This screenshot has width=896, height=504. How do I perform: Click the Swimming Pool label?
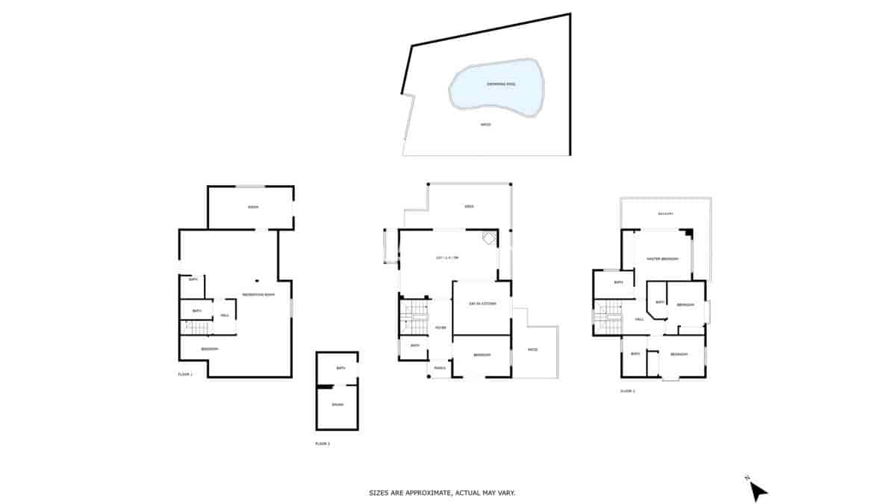pos(497,84)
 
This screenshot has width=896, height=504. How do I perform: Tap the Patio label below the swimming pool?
pos(485,124)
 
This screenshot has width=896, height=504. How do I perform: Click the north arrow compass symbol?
pos(758,490)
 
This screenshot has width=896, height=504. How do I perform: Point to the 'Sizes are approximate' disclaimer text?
pos(442,493)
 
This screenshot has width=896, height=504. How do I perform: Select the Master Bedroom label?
pos(662,258)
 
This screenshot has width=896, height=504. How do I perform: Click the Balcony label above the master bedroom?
pos(666,214)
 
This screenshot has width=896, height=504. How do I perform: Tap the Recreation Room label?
pos(258,295)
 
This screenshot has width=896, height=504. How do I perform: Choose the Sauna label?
pos(337,405)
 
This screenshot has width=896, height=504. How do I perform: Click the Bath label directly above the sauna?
pos(340,368)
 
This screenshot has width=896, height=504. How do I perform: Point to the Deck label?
pos(469,207)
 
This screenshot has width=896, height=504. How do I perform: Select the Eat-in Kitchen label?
pos(482,303)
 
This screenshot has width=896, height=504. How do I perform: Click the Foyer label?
pos(441,327)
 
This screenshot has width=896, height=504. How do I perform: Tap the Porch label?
pos(440,367)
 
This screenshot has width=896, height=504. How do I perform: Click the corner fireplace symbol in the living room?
pos(489,238)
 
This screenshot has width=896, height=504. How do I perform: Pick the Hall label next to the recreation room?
pos(224,316)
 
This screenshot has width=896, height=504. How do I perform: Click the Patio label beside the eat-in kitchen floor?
pos(532,349)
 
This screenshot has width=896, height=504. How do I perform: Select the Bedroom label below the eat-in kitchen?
pos(482,355)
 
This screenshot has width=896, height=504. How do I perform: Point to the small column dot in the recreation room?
pos(256,281)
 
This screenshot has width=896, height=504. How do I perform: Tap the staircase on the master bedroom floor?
pos(609,318)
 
